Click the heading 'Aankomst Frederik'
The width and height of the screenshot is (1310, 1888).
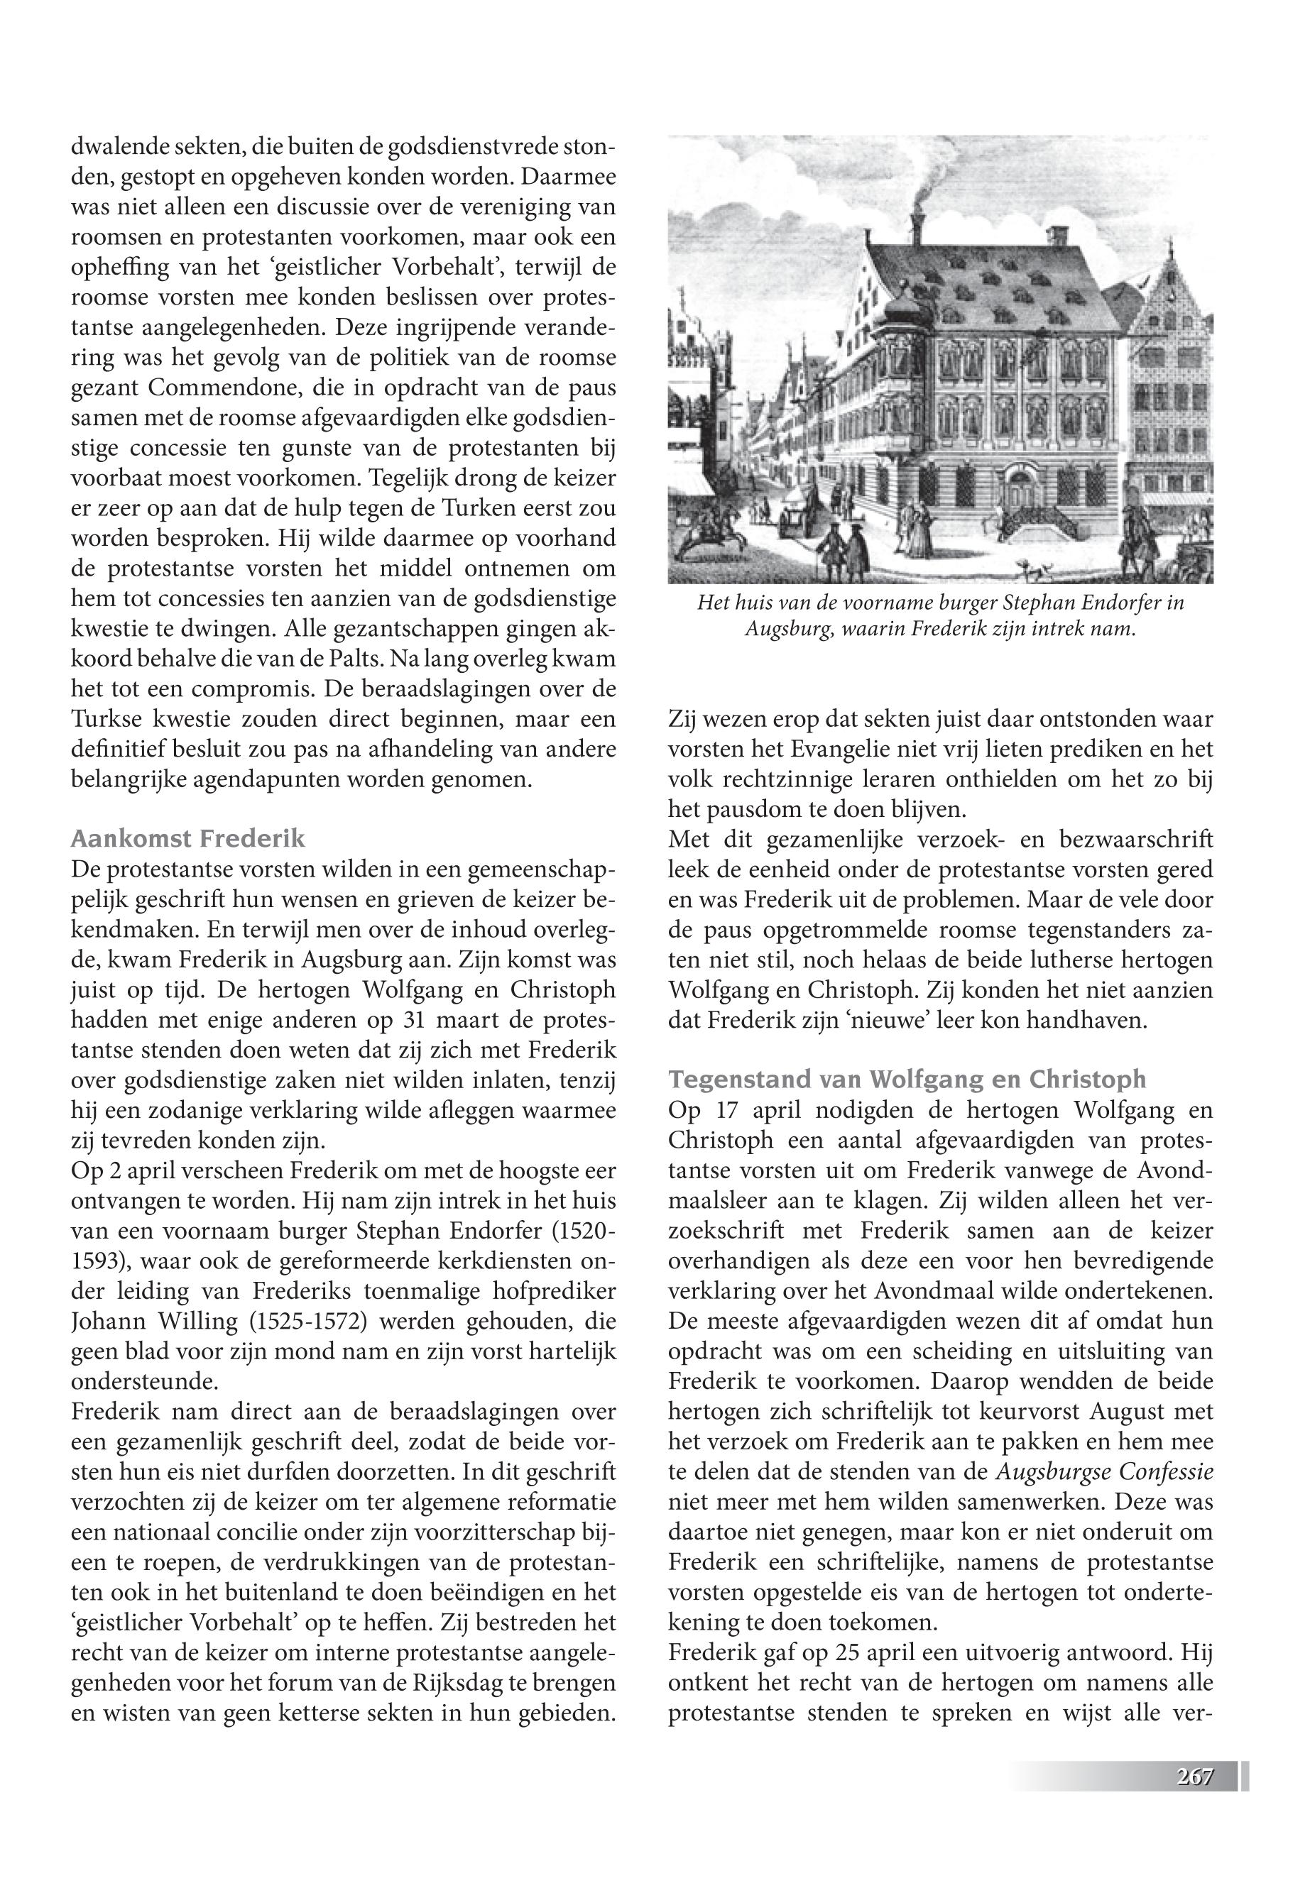click(188, 838)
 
